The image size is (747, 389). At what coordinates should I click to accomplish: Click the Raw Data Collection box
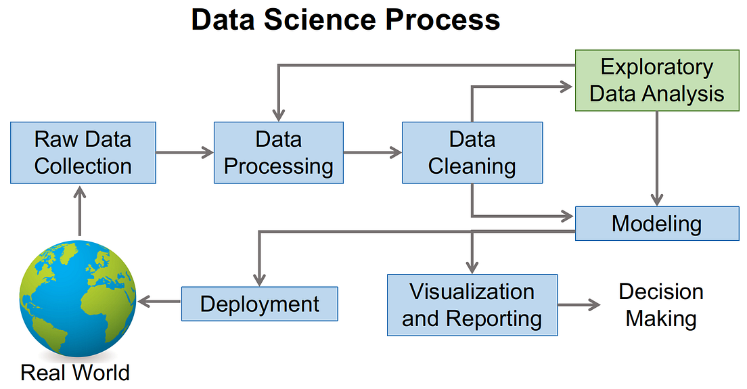[x=83, y=153]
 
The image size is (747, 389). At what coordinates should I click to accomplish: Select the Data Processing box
[x=278, y=153]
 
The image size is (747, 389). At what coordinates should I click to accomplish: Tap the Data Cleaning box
[x=472, y=153]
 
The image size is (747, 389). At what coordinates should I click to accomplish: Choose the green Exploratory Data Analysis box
[x=656, y=81]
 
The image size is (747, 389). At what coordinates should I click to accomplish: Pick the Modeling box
[x=656, y=223]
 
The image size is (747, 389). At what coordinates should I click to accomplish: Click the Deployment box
[x=259, y=304]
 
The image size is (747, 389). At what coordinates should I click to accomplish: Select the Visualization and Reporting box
[x=472, y=304]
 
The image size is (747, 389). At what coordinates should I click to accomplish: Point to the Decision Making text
[x=661, y=304]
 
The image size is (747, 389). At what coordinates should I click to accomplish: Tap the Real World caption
[x=74, y=373]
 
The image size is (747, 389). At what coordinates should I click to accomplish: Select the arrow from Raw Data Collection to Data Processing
[x=185, y=153]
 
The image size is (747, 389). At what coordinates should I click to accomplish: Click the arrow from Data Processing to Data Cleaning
[x=372, y=153]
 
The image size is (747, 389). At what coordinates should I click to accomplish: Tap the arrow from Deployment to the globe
[x=159, y=302]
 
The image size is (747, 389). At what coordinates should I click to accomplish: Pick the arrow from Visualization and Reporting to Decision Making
[x=579, y=304]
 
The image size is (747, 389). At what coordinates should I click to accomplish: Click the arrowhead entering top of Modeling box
[x=656, y=200]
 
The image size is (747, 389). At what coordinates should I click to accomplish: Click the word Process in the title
[x=443, y=20]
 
